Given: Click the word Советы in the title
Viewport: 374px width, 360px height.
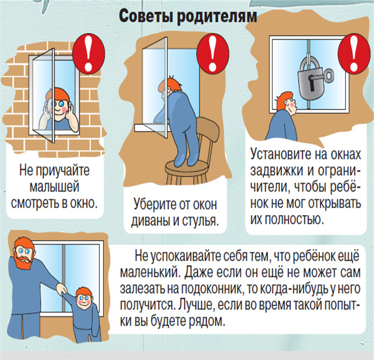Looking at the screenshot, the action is pos(146,15).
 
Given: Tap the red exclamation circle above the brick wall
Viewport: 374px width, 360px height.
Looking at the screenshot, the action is pos(88,53).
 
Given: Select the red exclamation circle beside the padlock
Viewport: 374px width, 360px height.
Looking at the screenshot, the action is pos(354,54).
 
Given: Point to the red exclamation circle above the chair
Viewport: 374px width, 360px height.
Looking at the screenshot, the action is pos(212,53).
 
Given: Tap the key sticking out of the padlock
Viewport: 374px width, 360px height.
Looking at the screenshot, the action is pos(329,76).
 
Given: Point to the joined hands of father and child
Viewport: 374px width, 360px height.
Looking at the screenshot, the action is pos(61,289).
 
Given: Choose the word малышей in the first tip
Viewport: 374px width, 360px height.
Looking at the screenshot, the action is pos(54,186).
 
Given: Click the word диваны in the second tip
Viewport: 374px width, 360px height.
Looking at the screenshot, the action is pos(151,221).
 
